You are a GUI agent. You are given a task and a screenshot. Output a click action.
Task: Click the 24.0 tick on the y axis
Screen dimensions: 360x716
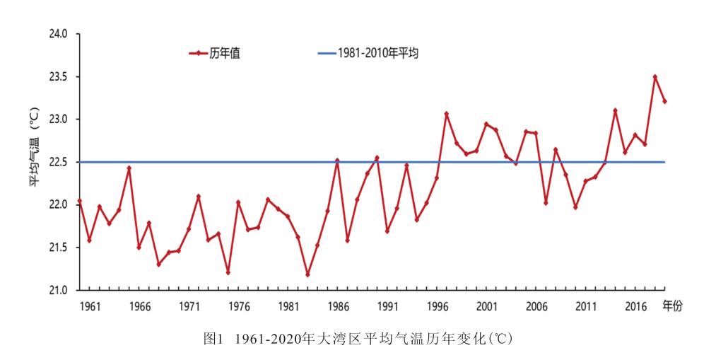tap(57, 34)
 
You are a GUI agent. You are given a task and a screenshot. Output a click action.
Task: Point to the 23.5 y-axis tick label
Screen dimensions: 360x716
tap(57, 77)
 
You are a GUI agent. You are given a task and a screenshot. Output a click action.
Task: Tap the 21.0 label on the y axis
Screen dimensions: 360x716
tap(57, 290)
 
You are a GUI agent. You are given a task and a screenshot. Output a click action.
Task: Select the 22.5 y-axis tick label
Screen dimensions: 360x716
tap(57, 162)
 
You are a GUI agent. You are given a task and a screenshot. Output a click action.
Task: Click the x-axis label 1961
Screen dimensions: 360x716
tap(90, 306)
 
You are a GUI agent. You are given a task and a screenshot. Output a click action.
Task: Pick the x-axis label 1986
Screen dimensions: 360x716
tap(338, 306)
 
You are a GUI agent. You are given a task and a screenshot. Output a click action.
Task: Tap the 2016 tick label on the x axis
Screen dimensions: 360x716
tap(635, 306)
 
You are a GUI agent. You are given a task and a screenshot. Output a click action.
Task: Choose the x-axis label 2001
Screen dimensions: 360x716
tap(486, 306)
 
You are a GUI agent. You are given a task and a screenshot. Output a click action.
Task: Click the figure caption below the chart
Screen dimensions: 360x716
tap(358, 338)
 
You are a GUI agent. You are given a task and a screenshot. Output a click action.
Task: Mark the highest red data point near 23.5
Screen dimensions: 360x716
tap(655, 76)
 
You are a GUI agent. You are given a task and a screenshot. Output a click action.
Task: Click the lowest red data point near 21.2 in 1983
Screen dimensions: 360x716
tap(307, 274)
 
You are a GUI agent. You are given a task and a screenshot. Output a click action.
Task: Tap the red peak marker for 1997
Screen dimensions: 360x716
tap(447, 113)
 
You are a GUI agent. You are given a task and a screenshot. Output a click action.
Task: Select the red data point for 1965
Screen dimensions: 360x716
tap(129, 168)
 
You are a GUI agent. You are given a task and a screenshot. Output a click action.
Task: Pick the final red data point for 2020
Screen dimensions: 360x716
tap(665, 101)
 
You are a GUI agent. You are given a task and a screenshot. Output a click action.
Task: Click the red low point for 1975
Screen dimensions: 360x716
tap(228, 272)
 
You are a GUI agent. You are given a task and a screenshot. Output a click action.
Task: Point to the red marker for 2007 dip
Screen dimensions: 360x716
tap(546, 203)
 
